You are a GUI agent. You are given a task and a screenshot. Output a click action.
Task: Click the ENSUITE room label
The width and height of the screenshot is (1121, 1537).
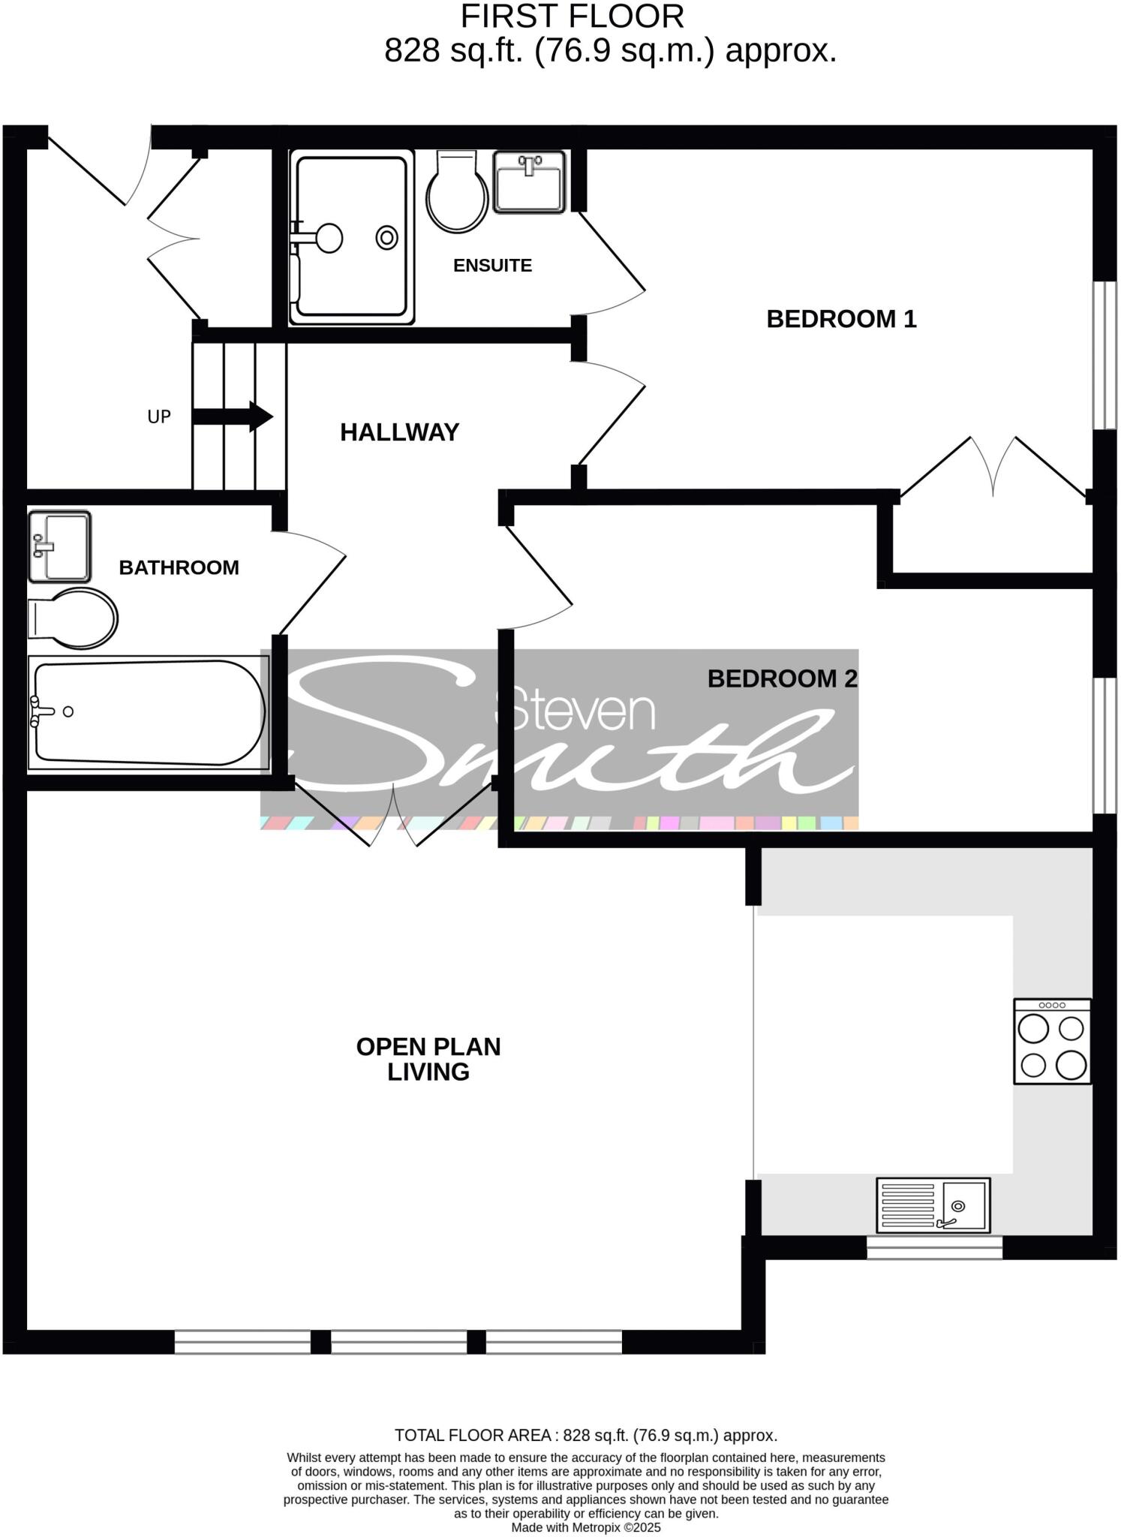492,265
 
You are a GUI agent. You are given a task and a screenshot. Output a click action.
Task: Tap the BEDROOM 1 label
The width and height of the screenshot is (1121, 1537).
841,319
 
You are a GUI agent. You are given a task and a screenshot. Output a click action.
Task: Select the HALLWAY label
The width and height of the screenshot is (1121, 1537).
399,432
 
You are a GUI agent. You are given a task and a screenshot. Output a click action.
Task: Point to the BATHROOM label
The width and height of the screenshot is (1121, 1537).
179,567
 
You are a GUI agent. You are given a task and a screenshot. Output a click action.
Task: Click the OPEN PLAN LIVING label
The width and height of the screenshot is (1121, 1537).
428,1059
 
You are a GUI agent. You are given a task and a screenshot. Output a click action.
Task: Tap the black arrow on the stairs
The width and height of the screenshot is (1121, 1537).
233,417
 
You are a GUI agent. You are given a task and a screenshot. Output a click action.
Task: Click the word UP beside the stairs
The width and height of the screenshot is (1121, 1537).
159,417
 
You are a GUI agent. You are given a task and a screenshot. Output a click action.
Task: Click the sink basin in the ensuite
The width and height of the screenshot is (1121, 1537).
529,182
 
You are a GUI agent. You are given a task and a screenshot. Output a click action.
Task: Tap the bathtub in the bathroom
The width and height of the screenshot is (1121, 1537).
148,713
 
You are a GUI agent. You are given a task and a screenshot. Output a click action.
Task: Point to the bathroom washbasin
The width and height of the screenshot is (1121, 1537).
59,547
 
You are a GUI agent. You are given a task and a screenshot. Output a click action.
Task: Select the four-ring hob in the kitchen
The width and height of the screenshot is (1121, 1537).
1052,1041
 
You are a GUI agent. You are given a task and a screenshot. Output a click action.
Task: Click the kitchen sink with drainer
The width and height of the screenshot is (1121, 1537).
933,1205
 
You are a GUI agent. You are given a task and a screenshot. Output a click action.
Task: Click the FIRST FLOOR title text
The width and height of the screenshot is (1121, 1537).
572,17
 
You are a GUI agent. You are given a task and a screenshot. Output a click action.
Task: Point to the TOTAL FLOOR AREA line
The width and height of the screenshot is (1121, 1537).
586,1436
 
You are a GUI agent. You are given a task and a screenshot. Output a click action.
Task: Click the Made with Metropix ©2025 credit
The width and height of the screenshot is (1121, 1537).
586,1527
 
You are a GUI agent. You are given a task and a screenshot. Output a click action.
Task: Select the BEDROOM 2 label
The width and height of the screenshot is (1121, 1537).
782,679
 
